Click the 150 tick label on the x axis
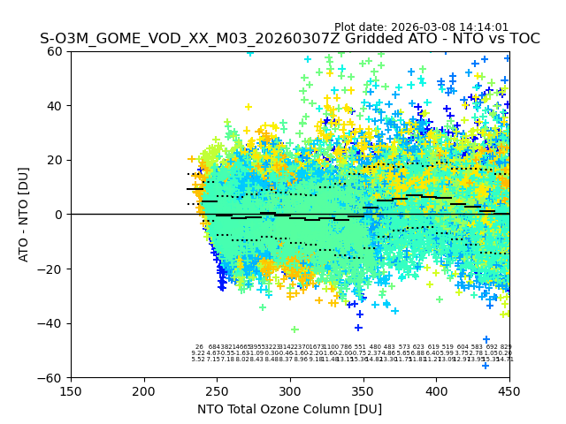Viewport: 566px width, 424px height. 71,391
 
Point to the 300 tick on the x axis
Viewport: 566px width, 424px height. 290,377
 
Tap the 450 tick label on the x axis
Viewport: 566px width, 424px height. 509,391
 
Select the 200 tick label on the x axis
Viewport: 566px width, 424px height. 144,391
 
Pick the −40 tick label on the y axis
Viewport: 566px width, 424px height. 52,323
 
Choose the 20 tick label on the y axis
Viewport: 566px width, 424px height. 56,160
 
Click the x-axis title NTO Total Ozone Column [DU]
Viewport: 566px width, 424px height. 289,409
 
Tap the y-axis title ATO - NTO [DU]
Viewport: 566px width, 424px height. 24,215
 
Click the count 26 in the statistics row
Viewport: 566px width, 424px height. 199,347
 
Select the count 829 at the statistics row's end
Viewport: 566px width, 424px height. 506,347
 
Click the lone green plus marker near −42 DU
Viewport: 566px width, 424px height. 294,329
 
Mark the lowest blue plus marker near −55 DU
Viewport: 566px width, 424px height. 485,365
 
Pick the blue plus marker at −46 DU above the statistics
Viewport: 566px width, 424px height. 486,339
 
